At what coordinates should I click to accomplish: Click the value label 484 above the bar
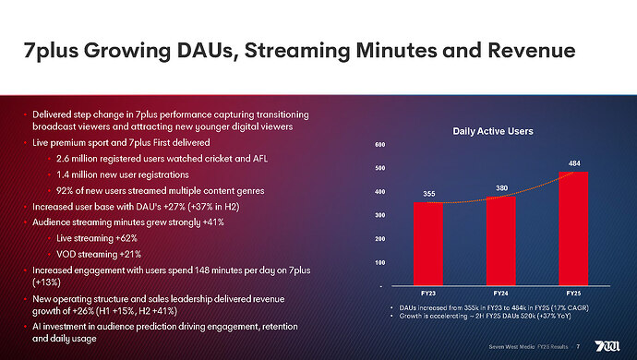pos(573,162)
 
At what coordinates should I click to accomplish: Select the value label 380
pos(500,187)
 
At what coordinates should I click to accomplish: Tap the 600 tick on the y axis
pos(381,146)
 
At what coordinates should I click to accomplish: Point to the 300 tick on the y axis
pos(381,216)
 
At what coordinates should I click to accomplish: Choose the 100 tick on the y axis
pos(381,263)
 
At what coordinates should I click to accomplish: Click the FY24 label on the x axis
pos(500,294)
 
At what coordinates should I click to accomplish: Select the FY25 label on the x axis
pos(573,294)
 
